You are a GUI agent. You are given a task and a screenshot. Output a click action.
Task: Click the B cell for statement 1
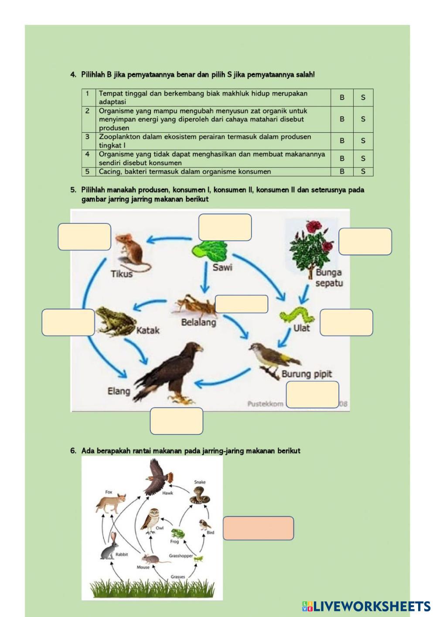(342, 98)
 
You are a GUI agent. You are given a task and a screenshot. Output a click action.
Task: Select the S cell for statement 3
(363, 141)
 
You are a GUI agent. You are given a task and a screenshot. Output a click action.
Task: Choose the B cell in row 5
(342, 171)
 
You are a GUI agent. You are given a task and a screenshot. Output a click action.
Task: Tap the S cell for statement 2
(363, 119)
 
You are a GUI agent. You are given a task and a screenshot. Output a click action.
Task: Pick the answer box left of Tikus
(84, 237)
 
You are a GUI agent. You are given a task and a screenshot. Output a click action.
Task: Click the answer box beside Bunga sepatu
(365, 241)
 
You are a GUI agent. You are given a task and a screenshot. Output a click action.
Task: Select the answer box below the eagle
(176, 421)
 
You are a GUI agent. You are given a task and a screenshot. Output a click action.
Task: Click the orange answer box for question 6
(258, 528)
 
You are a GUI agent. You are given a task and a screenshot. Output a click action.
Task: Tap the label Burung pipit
(307, 374)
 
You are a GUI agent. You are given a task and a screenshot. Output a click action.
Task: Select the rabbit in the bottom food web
(110, 547)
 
